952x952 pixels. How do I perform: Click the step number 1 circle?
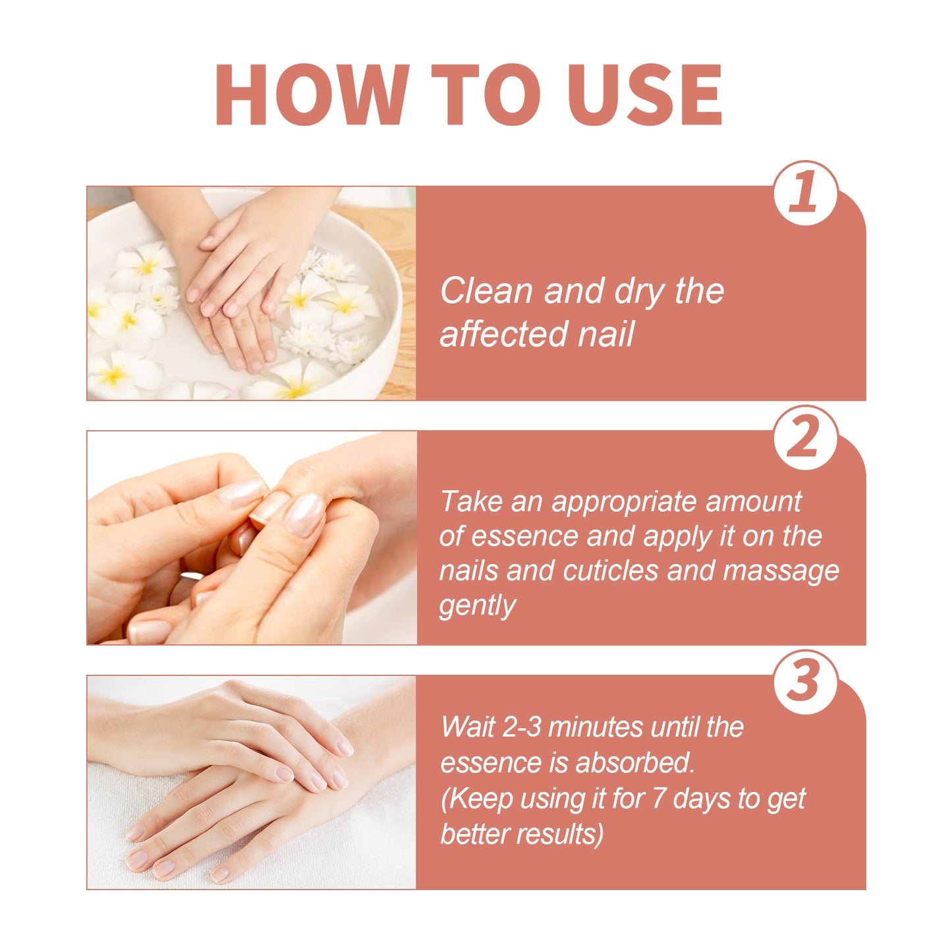(805, 193)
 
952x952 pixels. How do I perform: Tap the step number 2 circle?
(805, 438)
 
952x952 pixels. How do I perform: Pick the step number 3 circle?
(805, 682)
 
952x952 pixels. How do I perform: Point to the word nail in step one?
(605, 333)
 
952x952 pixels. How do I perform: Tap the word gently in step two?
(477, 605)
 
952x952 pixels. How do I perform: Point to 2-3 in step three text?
(521, 727)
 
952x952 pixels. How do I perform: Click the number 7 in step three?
(658, 798)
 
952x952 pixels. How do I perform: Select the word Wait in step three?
(467, 727)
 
